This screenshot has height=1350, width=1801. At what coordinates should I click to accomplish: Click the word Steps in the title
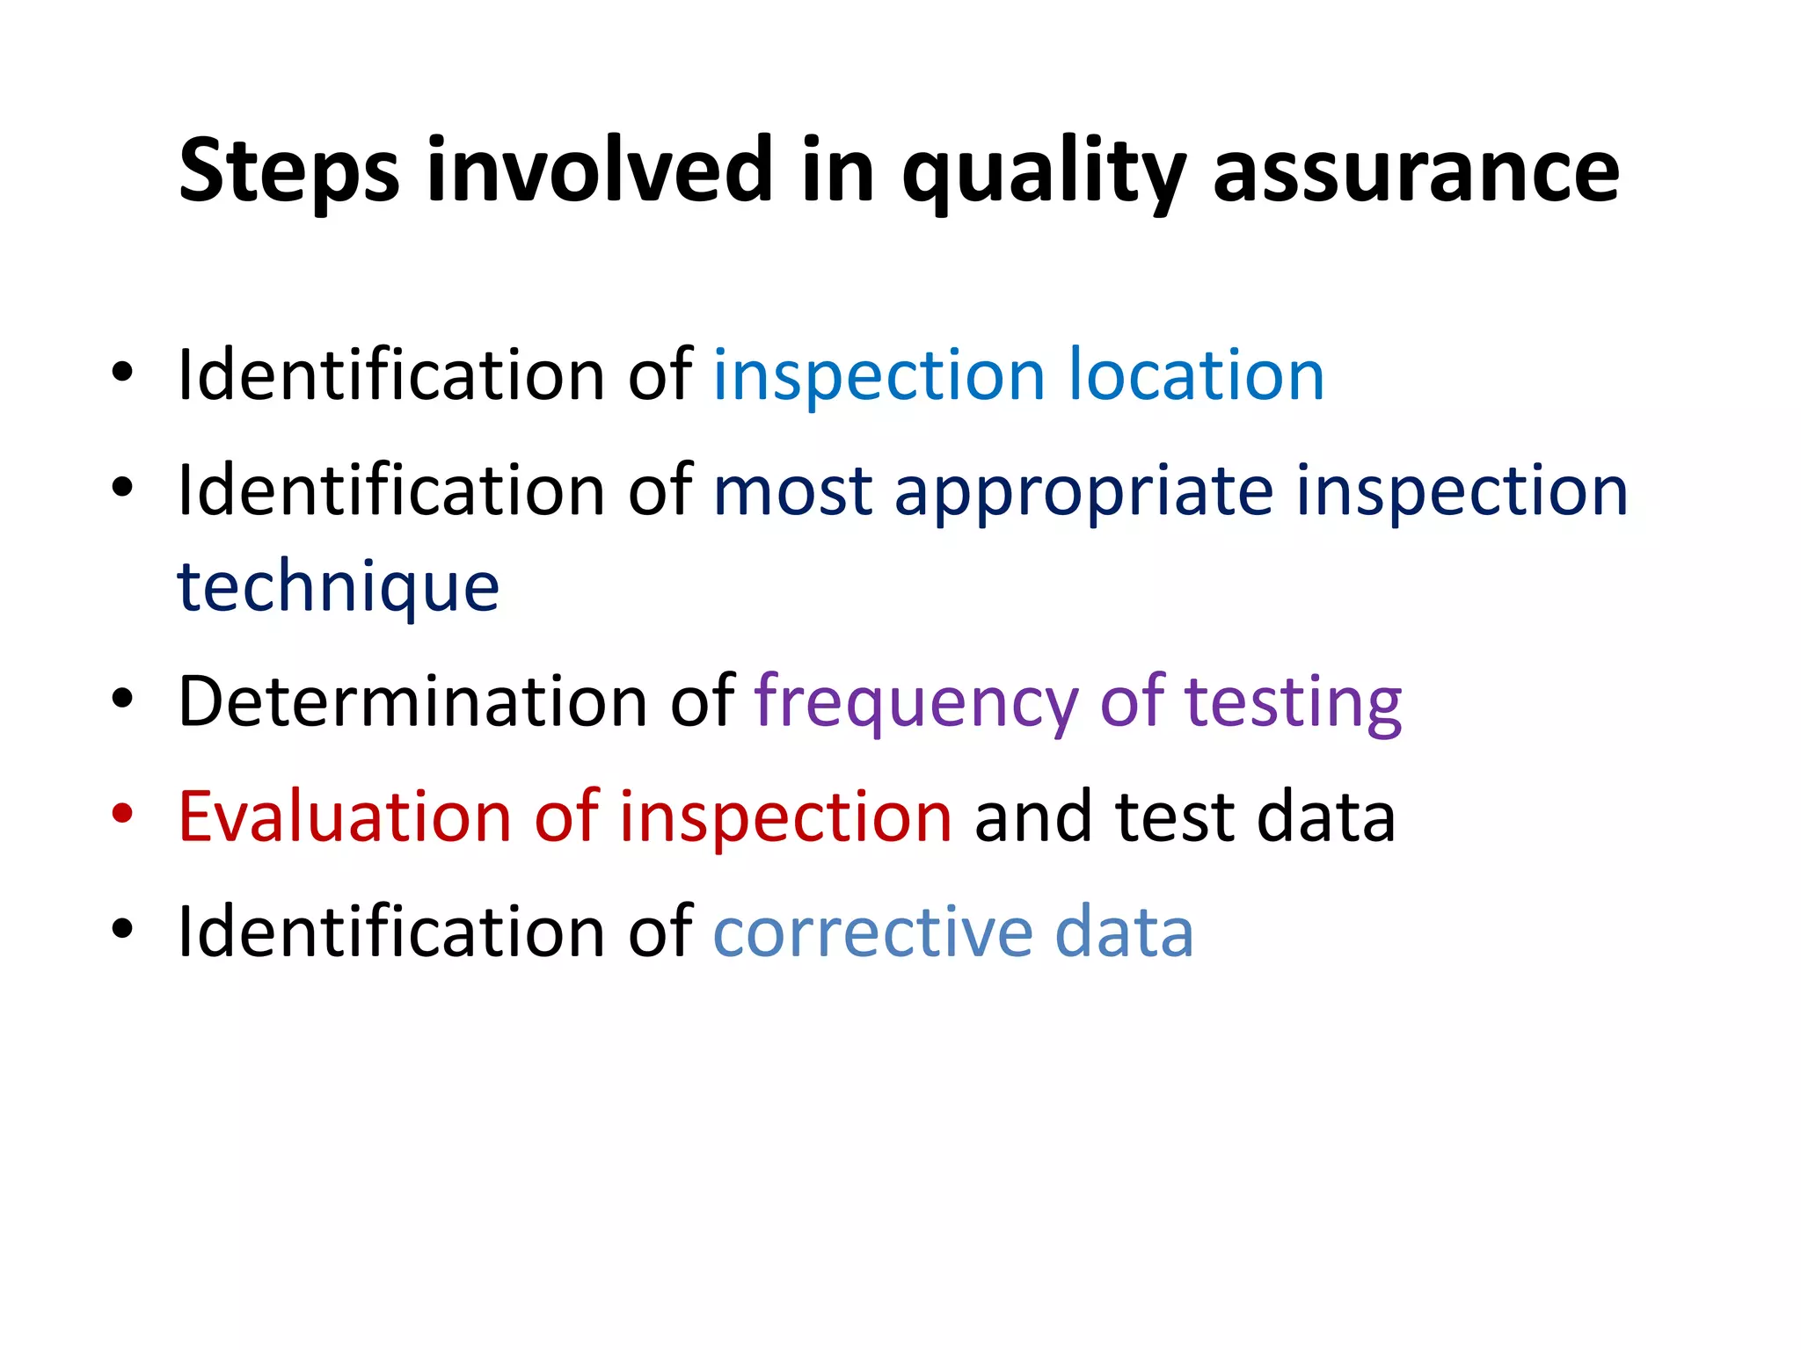tap(288, 171)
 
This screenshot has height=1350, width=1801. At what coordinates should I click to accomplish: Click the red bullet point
tap(122, 814)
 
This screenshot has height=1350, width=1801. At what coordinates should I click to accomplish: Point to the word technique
tap(339, 587)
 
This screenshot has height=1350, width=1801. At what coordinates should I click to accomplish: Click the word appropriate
tap(1083, 492)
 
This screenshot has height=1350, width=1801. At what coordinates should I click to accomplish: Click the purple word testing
tap(1293, 703)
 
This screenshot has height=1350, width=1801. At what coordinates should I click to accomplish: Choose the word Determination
tap(413, 701)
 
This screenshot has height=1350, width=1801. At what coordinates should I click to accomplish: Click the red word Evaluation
tap(345, 817)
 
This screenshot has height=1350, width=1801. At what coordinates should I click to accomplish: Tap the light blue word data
tap(1124, 932)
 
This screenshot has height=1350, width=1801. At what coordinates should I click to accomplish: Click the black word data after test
tap(1326, 817)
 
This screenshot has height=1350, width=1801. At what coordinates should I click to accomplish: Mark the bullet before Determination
tap(122, 699)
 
